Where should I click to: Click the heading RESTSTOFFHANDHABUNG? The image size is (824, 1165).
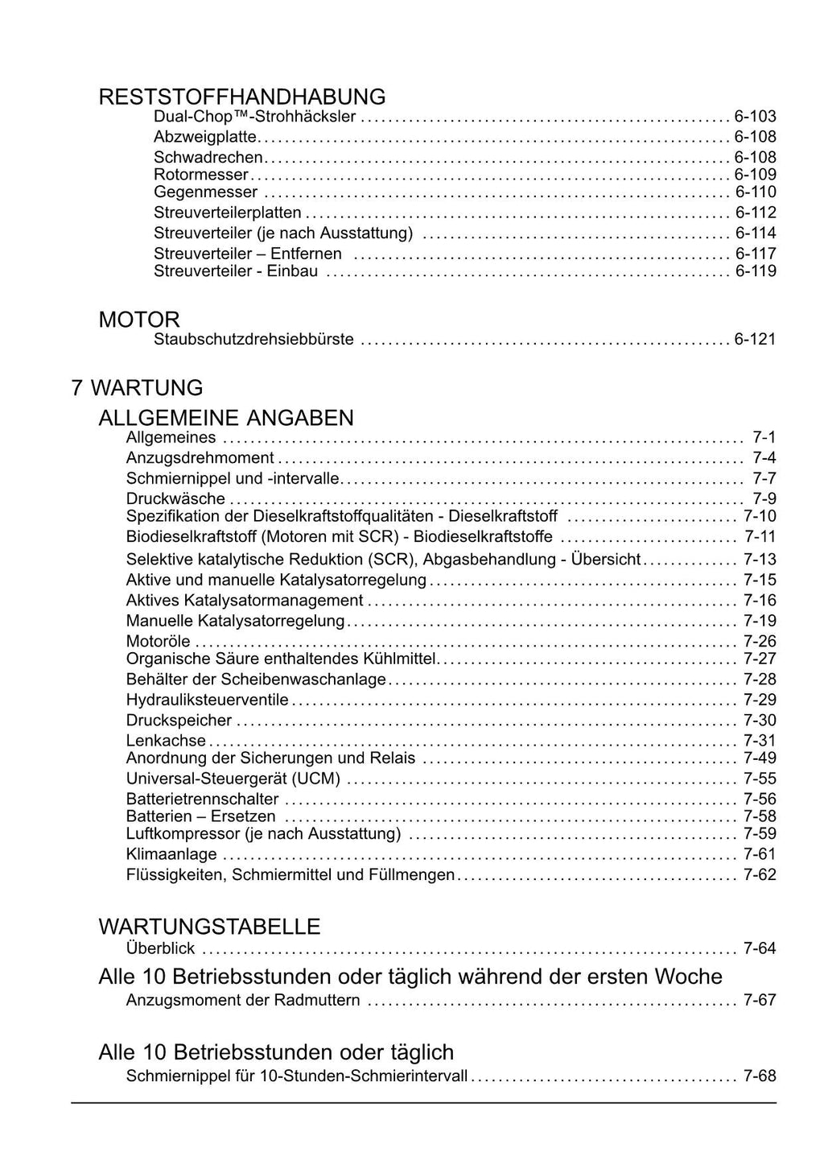pyautogui.click(x=241, y=97)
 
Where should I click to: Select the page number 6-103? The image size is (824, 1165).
pyautogui.click(x=755, y=117)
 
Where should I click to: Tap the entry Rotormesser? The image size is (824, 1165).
pyautogui.click(x=201, y=175)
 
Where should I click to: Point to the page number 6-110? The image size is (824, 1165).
pyautogui.click(x=755, y=192)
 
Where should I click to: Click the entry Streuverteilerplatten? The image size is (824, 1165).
pyautogui.click(x=228, y=213)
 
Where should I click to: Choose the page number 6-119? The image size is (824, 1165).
pyautogui.click(x=755, y=271)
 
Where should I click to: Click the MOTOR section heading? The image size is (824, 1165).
pyautogui.click(x=139, y=320)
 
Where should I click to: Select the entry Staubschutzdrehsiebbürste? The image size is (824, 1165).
pyautogui.click(x=253, y=340)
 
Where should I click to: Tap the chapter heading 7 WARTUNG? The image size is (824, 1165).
pyautogui.click(x=137, y=388)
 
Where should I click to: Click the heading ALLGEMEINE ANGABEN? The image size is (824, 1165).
pyautogui.click(x=226, y=418)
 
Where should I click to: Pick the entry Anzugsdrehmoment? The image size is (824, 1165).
pyautogui.click(x=200, y=458)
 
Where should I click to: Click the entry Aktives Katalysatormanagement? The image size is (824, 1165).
pyautogui.click(x=245, y=601)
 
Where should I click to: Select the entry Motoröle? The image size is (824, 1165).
pyautogui.click(x=159, y=642)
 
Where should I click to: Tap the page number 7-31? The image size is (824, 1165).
pyautogui.click(x=760, y=741)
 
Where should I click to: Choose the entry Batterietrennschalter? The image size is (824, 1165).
pyautogui.click(x=203, y=799)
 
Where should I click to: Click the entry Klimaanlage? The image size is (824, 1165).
pyautogui.click(x=171, y=854)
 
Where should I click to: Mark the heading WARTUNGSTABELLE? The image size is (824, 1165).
pyautogui.click(x=209, y=927)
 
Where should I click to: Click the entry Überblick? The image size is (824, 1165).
pyautogui.click(x=160, y=948)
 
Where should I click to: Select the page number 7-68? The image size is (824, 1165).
pyautogui.click(x=760, y=1076)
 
